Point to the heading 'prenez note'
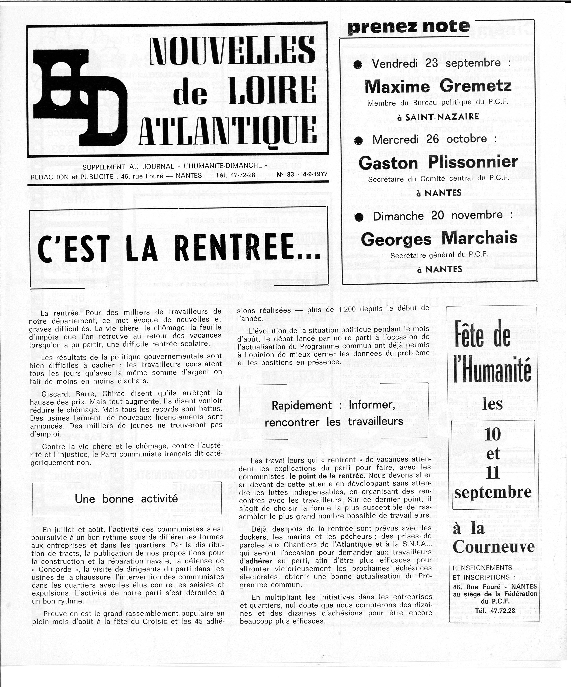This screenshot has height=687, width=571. coord(409,27)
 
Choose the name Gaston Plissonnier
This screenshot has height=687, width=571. coord(438,163)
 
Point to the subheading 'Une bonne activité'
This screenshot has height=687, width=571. coord(126,499)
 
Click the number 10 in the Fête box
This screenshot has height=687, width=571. coord(493,434)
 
